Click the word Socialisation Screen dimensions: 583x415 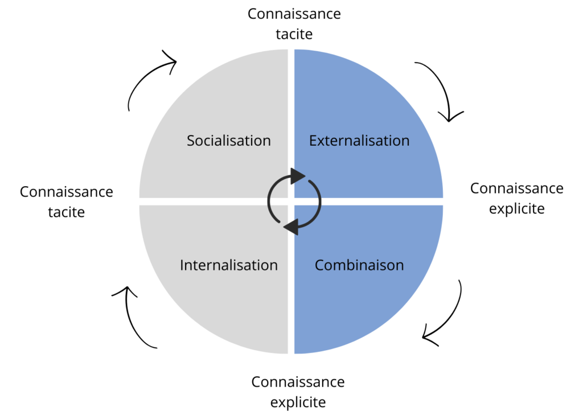coord(229,141)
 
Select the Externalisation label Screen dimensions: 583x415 coord(359,141)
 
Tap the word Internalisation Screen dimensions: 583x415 coord(229,265)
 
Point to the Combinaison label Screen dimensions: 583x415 coord(359,265)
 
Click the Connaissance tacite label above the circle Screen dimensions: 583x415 coord(294,24)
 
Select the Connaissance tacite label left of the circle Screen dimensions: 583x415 coord(67,202)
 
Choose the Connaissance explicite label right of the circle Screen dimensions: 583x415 coord(517,199)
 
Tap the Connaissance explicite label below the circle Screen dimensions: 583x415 coord(298,392)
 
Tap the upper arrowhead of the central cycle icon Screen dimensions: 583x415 coord(297,176)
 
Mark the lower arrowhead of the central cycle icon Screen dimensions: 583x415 coord(291,227)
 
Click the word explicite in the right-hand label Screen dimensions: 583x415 coord(517,209)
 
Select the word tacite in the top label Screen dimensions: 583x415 coord(294,34)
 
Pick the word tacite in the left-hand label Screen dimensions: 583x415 coord(67,212)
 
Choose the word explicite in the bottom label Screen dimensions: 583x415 coord(298,402)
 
